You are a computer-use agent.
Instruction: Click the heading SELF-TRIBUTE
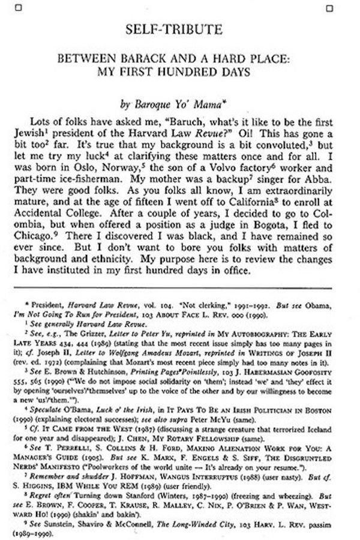179,29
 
